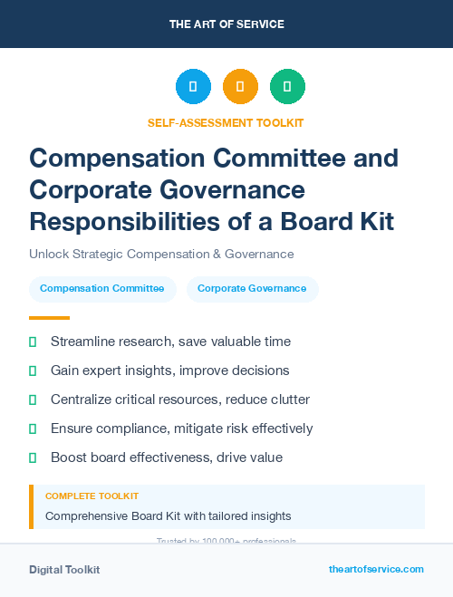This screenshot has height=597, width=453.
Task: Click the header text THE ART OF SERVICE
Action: [x=226, y=24]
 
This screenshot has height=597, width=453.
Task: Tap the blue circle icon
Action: [x=193, y=87]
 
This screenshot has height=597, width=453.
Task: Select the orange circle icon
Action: [x=240, y=87]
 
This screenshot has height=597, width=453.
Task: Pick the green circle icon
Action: [x=287, y=87]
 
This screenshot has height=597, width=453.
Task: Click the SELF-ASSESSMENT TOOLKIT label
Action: [x=226, y=122]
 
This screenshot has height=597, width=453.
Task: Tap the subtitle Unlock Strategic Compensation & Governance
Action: [x=161, y=255]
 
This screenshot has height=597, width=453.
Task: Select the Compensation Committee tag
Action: [x=101, y=289]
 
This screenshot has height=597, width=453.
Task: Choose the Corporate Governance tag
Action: [x=252, y=289]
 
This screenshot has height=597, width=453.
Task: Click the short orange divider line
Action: [x=49, y=318]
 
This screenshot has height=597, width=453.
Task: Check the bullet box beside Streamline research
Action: [x=33, y=342]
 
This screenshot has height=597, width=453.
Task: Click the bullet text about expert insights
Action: [x=169, y=371]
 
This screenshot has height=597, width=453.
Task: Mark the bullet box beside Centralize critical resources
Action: [x=33, y=400]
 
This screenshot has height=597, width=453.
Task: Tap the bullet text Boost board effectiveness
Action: [x=167, y=457]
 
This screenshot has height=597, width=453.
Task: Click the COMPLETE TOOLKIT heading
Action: [x=92, y=496]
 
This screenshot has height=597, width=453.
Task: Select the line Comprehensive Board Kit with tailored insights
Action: [x=168, y=515]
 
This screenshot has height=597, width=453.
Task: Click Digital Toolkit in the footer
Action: [x=64, y=569]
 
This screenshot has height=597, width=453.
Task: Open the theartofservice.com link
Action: [x=376, y=569]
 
